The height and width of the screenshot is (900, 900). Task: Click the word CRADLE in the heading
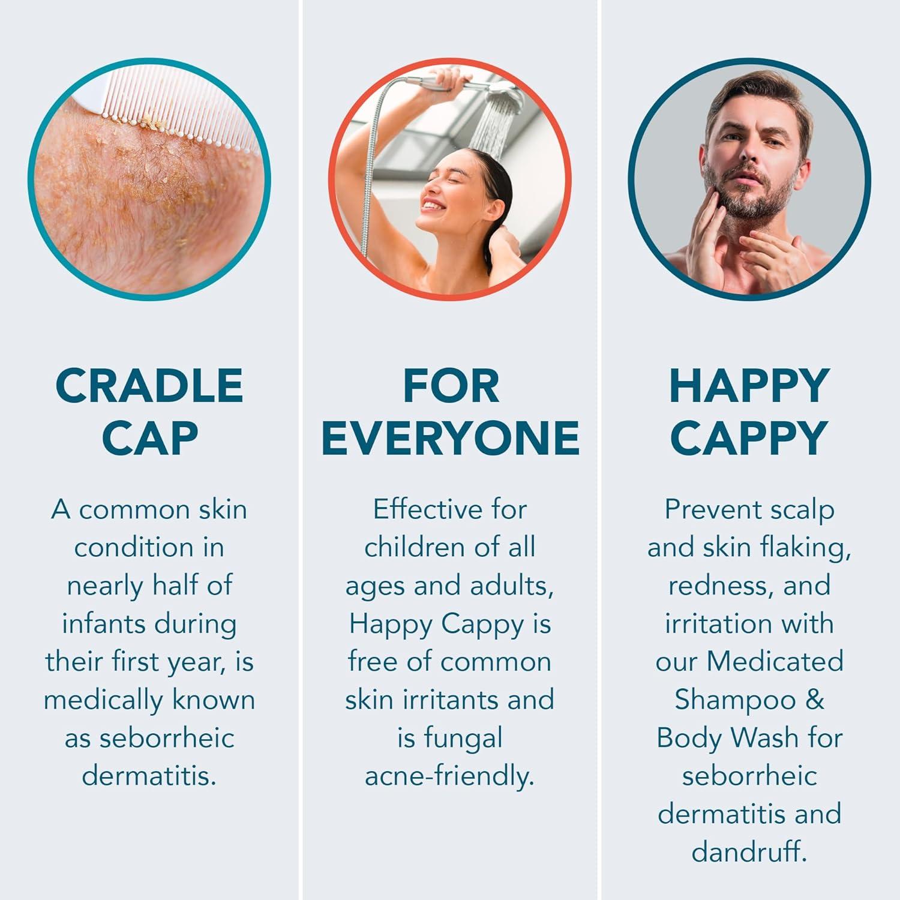point(149,386)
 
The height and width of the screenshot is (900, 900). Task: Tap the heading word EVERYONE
point(450,437)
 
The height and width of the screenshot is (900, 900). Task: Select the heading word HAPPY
point(749,386)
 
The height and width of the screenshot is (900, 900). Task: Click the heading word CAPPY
point(749,437)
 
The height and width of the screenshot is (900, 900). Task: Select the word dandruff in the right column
point(749,852)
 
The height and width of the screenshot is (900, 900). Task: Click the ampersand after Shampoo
point(815,700)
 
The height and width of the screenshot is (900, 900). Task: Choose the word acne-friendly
point(449,776)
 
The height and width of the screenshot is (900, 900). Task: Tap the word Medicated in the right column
point(775,661)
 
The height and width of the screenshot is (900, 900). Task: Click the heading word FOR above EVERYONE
point(451,386)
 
